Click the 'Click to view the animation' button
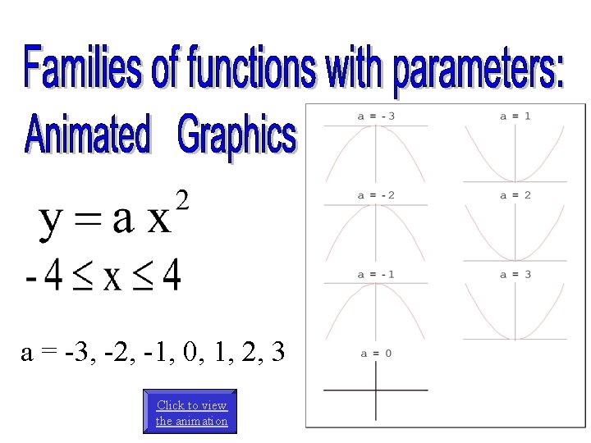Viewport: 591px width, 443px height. click(x=191, y=413)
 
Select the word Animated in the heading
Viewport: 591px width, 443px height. click(x=88, y=135)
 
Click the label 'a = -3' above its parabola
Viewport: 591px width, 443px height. click(x=376, y=116)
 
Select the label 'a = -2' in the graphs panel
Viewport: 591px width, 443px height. click(x=376, y=195)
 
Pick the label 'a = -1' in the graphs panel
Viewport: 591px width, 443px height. click(x=376, y=274)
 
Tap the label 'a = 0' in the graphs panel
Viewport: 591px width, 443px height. click(x=376, y=353)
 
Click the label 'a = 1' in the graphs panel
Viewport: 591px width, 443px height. click(x=515, y=116)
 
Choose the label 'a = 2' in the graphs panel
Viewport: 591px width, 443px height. click(x=515, y=195)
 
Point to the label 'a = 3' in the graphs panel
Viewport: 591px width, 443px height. click(x=515, y=274)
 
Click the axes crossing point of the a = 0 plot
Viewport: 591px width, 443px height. click(x=376, y=390)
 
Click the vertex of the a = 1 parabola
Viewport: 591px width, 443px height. click(x=515, y=181)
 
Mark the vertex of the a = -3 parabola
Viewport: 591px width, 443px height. click(x=376, y=126)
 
